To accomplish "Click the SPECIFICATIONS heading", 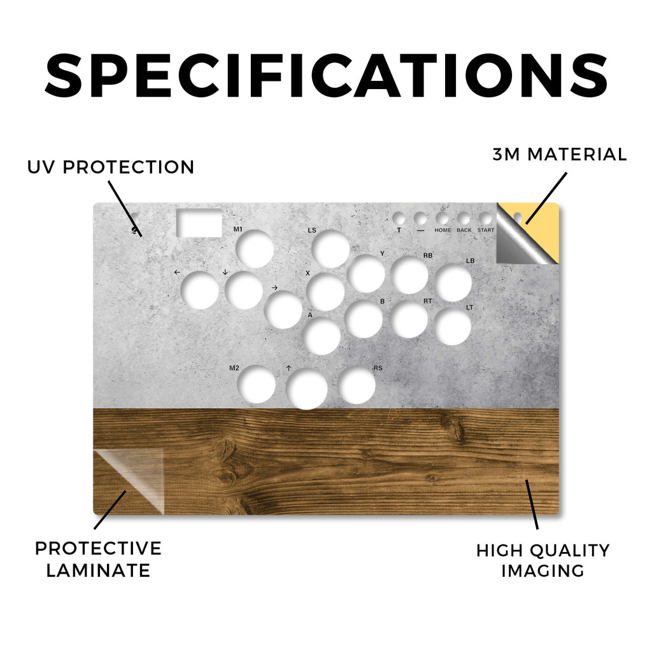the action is pyautogui.click(x=327, y=75).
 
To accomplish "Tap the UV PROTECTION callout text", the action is pyautogui.click(x=111, y=167).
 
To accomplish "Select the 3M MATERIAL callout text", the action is pyautogui.click(x=560, y=155).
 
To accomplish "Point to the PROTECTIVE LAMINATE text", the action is pyautogui.click(x=98, y=559).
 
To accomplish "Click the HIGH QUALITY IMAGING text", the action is pyautogui.click(x=543, y=560).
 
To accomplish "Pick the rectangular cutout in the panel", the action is pyautogui.click(x=199, y=223).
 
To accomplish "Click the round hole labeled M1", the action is pyautogui.click(x=255, y=249).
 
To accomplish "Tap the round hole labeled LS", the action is pyautogui.click(x=330, y=249).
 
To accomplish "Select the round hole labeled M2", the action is pyautogui.click(x=257, y=384).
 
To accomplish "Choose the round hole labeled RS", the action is pyautogui.click(x=357, y=385).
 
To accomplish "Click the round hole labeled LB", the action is pyautogui.click(x=453, y=283).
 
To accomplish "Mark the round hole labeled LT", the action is pyautogui.click(x=453, y=327).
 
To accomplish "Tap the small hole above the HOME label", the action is pyautogui.click(x=442, y=218).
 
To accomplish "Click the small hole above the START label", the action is pyautogui.click(x=485, y=218).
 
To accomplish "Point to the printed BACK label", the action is pyautogui.click(x=464, y=230).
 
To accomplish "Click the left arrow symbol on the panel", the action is pyautogui.click(x=177, y=273).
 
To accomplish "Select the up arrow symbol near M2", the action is pyautogui.click(x=288, y=368).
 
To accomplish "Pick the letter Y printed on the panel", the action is pyautogui.click(x=382, y=253).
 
